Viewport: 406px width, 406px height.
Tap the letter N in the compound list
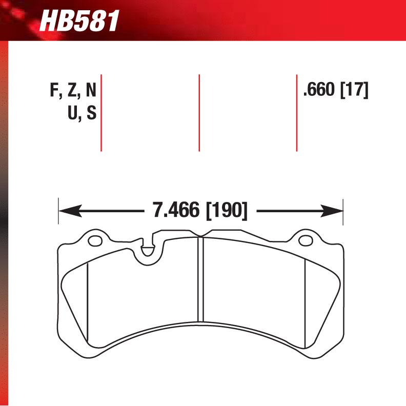(x=90, y=91)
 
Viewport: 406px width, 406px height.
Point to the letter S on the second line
(x=91, y=113)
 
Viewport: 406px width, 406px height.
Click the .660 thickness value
(x=319, y=91)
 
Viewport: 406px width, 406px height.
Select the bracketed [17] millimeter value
(x=354, y=91)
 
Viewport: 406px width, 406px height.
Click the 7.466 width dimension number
(x=175, y=210)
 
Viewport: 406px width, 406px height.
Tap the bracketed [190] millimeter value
(x=227, y=210)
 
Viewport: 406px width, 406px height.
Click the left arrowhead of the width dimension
(x=67, y=210)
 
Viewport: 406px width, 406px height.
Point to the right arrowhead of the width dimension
(x=334, y=210)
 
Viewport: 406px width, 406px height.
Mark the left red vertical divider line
(x=101, y=113)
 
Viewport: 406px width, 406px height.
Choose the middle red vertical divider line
(x=199, y=113)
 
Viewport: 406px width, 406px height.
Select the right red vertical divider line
(x=297, y=113)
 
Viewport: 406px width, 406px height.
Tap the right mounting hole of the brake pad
(x=306, y=240)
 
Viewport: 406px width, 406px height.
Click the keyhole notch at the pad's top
(x=147, y=250)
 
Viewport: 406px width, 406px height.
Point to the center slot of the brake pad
(x=201, y=279)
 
